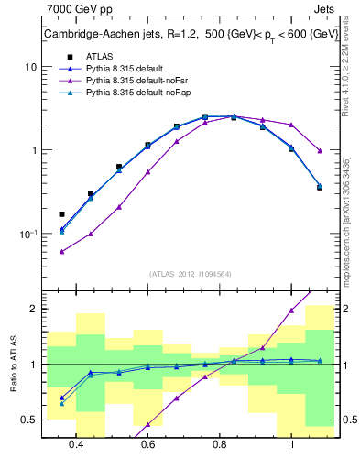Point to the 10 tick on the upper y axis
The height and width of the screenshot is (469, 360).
31,67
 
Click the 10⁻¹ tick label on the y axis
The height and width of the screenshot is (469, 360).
27,234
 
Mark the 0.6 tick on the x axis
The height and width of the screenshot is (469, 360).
147,444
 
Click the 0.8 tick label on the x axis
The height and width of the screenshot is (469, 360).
220,444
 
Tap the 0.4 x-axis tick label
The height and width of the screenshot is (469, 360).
76,444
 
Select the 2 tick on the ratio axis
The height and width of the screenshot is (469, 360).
33,309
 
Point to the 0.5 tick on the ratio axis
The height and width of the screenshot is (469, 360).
29,420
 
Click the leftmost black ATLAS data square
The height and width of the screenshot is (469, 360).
62,214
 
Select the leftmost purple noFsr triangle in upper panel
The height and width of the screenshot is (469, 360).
62,251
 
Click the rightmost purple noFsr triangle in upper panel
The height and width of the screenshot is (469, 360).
320,150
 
